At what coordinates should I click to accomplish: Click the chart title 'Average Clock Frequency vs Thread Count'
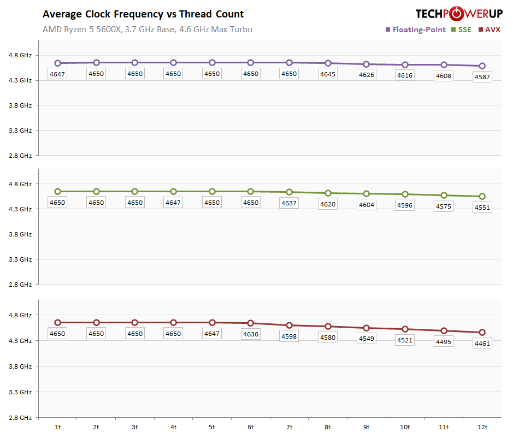click(143, 14)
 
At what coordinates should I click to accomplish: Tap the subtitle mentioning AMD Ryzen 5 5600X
click(148, 29)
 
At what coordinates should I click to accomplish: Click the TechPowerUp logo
click(458, 14)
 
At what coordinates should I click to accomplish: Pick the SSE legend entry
click(461, 29)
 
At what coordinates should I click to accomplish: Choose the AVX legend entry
click(489, 29)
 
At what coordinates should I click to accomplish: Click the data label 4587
click(482, 78)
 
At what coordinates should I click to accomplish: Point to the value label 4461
click(482, 344)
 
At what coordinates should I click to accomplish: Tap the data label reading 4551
click(482, 208)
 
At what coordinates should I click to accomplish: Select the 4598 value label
click(289, 336)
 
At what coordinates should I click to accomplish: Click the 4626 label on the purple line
click(367, 75)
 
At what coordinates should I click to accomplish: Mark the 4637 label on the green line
click(289, 203)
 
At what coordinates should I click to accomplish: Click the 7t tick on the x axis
click(289, 427)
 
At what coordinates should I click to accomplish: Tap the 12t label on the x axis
click(482, 427)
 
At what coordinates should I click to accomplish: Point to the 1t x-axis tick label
click(57, 427)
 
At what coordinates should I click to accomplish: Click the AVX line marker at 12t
click(482, 333)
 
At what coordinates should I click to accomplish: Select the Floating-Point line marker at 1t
click(57, 63)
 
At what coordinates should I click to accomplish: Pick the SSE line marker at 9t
click(367, 194)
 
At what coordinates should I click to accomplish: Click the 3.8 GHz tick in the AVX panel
click(21, 366)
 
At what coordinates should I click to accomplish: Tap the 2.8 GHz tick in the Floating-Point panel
click(21, 156)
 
